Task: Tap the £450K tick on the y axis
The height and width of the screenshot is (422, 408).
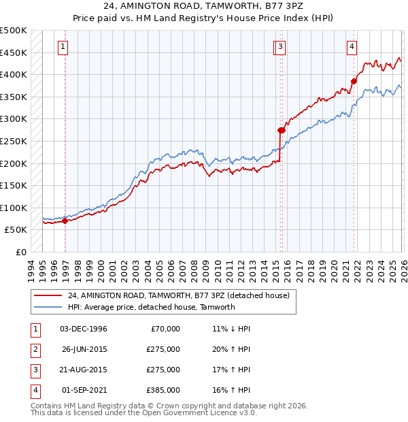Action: coord(14,52)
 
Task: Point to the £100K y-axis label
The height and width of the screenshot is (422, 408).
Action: coord(14,208)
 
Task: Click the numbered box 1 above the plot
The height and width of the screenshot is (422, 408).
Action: coord(63,47)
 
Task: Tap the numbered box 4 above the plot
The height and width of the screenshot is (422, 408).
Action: coord(352,47)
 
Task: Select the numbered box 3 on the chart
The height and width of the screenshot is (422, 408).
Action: coord(280,47)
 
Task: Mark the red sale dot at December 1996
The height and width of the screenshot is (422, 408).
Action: coord(65,221)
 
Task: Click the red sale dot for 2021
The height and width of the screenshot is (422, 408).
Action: coord(354,82)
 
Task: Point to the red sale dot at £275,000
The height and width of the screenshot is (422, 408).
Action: coord(281,130)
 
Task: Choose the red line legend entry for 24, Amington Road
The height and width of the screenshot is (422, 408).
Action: coord(179,295)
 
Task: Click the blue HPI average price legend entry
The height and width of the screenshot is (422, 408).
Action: coord(151,307)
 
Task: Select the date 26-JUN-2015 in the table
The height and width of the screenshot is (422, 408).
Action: coord(84,349)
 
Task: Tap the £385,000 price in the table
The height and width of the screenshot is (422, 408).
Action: coord(163,390)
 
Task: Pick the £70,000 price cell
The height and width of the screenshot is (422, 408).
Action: coord(165,329)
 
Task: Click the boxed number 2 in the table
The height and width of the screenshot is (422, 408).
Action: coord(34,349)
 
